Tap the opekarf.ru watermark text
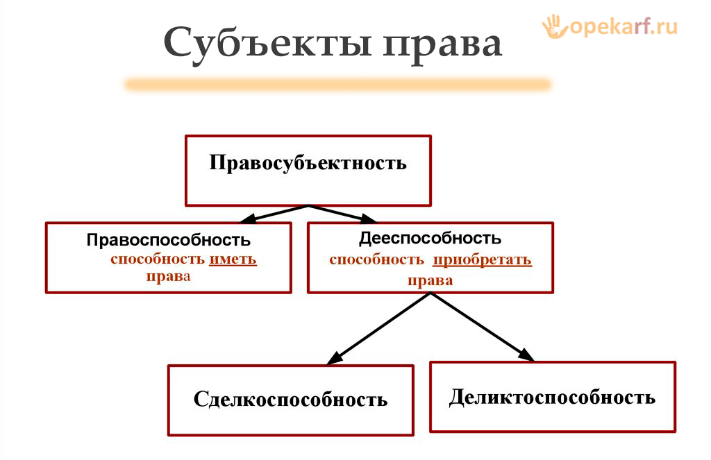click(624, 26)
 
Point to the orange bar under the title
click(337, 85)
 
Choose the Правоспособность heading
click(169, 240)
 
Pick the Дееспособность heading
click(430, 238)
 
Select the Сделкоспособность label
click(290, 400)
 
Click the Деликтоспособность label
click(552, 397)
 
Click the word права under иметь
click(168, 276)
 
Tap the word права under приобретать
click(430, 280)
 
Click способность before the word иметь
click(158, 259)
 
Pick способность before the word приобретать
click(376, 260)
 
